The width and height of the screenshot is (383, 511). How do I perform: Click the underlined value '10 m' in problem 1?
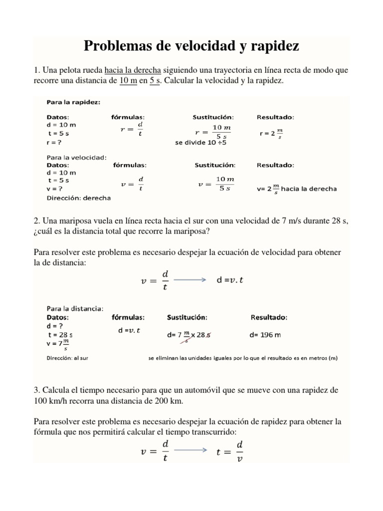click(128, 81)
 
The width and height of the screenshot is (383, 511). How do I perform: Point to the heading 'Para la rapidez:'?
click(73, 102)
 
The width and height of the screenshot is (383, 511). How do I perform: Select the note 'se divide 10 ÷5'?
click(200, 143)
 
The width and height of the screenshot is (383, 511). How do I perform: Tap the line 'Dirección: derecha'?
click(78, 198)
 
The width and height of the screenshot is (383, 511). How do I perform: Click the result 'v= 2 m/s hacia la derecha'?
click(297, 189)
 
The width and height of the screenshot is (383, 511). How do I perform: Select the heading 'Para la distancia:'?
click(75, 308)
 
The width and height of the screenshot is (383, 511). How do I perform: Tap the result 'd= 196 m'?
click(265, 335)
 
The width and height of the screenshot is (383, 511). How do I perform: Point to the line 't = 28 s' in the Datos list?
click(60, 335)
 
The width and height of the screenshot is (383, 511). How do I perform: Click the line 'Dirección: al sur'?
click(67, 358)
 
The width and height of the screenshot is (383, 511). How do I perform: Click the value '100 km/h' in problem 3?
click(49, 401)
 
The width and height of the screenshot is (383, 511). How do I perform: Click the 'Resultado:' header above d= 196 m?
click(268, 317)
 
